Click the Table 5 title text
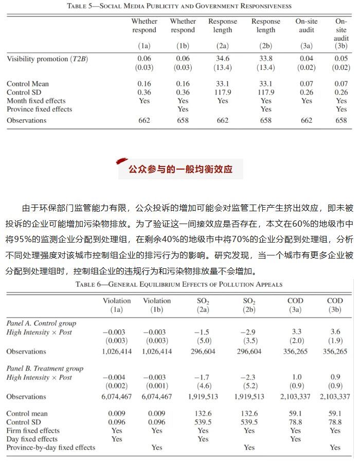[x=179, y=6]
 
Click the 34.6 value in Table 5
[x=223, y=59]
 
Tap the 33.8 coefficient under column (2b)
[x=265, y=59]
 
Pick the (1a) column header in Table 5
[x=144, y=46]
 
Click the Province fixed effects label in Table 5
[x=40, y=109]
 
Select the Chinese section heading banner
[x=180, y=169]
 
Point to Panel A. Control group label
[x=41, y=323]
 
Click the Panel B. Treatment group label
[x=45, y=368]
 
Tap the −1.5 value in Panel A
[x=203, y=332]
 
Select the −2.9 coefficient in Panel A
[x=249, y=332]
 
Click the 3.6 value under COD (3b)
[x=335, y=332]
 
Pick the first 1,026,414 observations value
[x=117, y=352]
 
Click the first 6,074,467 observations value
[x=117, y=397]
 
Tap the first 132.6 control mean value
[x=203, y=414]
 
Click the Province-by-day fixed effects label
[x=51, y=448]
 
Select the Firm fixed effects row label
[x=33, y=431]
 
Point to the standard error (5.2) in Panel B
[x=249, y=386]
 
